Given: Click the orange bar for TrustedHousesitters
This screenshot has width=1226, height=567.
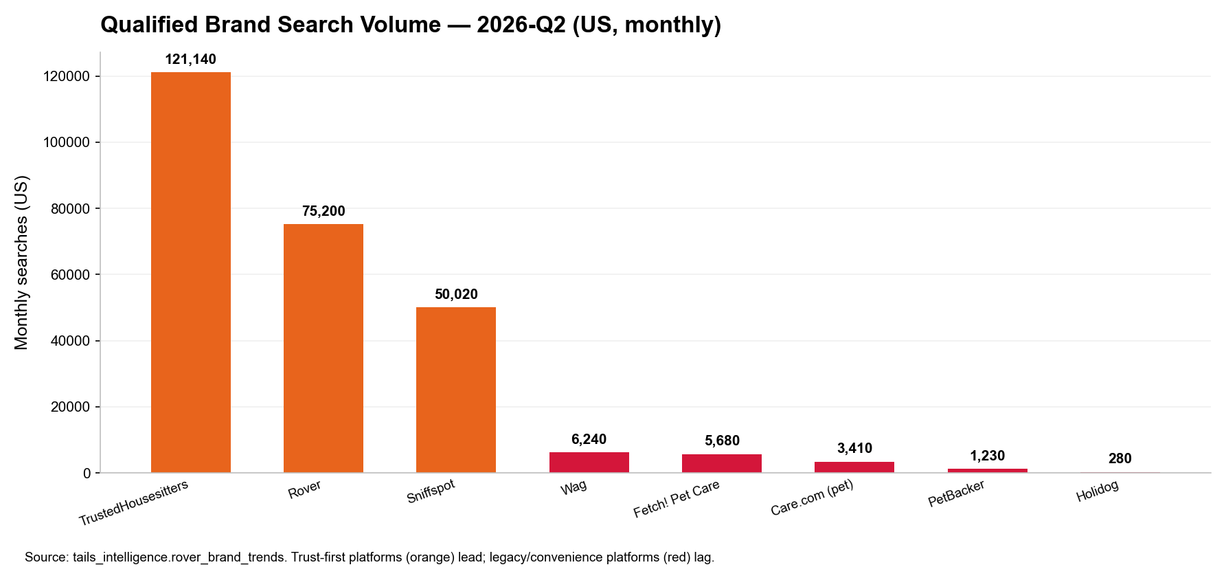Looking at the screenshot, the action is tap(191, 272).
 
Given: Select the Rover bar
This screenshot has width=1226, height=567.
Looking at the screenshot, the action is tap(323, 348).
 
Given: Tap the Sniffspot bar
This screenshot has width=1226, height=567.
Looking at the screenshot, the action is tap(456, 390).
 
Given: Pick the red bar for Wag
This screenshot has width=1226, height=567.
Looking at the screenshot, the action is tap(589, 463).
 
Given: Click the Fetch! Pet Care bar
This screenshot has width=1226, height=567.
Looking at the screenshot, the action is tap(722, 463).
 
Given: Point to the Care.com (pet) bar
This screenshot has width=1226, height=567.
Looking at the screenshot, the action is tap(854, 467).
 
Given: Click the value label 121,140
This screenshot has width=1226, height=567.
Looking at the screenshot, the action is tap(191, 59).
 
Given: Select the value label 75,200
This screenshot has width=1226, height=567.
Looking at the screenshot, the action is tap(323, 211).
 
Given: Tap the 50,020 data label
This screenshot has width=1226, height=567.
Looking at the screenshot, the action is tap(456, 294).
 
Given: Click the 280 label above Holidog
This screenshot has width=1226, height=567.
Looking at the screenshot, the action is tap(1120, 458).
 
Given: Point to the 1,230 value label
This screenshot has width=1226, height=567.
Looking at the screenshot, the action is tap(987, 456).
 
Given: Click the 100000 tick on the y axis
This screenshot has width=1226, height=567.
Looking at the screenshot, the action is tap(67, 142).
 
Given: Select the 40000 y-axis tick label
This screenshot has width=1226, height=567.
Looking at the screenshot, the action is tap(71, 341).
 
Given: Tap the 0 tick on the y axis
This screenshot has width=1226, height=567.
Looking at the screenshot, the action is tap(87, 473).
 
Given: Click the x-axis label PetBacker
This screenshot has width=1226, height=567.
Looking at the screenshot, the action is tap(956, 493).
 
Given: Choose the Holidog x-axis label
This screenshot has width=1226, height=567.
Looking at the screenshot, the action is tap(1097, 491).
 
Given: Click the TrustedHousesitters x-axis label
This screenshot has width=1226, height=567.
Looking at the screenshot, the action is tap(133, 503).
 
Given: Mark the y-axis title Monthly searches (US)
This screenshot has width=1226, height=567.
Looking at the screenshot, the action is tap(21, 263).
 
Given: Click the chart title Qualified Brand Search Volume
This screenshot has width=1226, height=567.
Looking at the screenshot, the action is tap(271, 25).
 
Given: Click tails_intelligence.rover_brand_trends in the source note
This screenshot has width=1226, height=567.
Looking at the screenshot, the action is tap(179, 557).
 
